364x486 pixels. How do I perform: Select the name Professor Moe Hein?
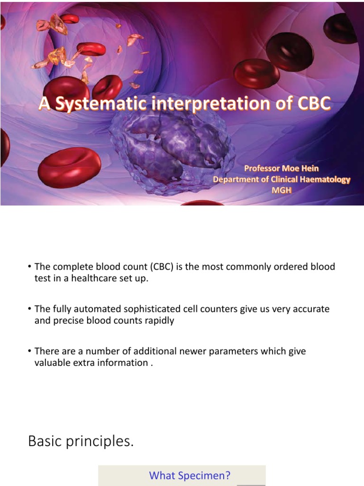[281, 168]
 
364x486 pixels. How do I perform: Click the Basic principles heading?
[81, 441]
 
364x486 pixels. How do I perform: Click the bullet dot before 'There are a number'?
[29, 351]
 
